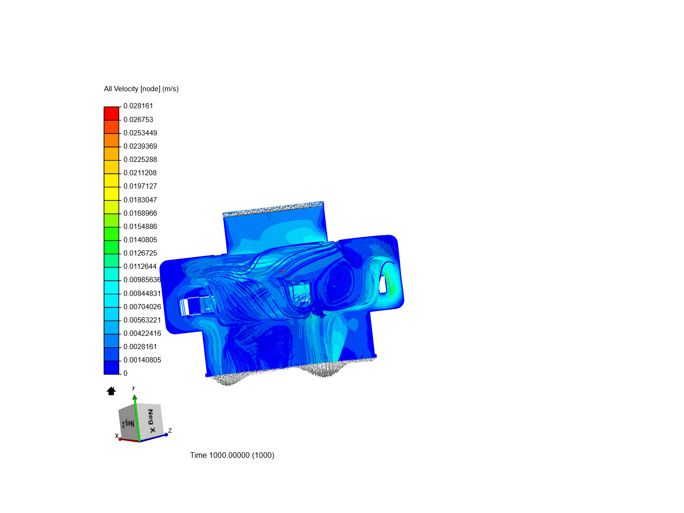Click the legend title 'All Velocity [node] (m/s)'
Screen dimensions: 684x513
141,89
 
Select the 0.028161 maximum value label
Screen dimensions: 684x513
138,106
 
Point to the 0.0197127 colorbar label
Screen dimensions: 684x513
140,186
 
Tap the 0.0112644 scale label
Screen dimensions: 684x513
140,266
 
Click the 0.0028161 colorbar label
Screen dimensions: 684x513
140,347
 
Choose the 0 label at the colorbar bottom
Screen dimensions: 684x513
125,373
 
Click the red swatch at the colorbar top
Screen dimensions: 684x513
111,114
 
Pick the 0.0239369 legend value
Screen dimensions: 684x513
140,146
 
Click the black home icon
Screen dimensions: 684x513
111,391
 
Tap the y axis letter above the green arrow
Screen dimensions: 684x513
133,388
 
